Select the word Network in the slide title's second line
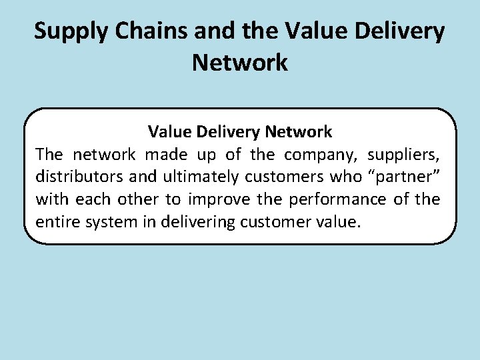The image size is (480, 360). click(x=240, y=62)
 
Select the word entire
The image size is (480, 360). click(x=58, y=221)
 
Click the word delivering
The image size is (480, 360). click(x=191, y=221)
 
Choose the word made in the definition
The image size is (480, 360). click(x=166, y=155)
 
